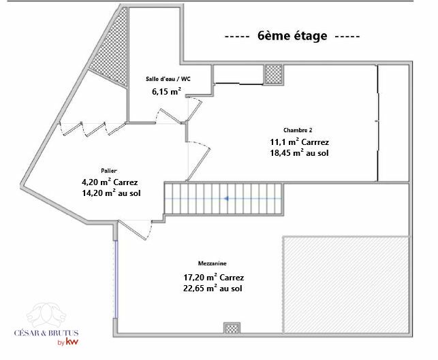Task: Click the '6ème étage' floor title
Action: (292, 35)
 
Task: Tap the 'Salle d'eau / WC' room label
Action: (168, 79)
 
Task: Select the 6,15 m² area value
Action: (166, 91)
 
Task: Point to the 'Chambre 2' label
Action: (298, 130)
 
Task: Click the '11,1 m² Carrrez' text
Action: (299, 142)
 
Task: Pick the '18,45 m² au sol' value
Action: (299, 153)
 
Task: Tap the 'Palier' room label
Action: (109, 171)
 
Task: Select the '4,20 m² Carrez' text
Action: (110, 182)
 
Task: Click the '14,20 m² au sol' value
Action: (111, 193)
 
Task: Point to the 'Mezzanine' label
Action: (213, 263)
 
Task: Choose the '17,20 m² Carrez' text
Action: (213, 278)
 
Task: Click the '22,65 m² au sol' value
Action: (213, 289)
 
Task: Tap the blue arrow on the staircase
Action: (227, 199)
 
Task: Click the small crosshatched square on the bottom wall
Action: (232, 328)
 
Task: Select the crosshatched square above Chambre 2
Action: (273, 74)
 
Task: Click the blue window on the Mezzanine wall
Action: (116, 279)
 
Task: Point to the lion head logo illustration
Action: (46, 315)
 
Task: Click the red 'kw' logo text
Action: (72, 342)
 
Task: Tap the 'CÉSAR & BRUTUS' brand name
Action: (46, 333)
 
